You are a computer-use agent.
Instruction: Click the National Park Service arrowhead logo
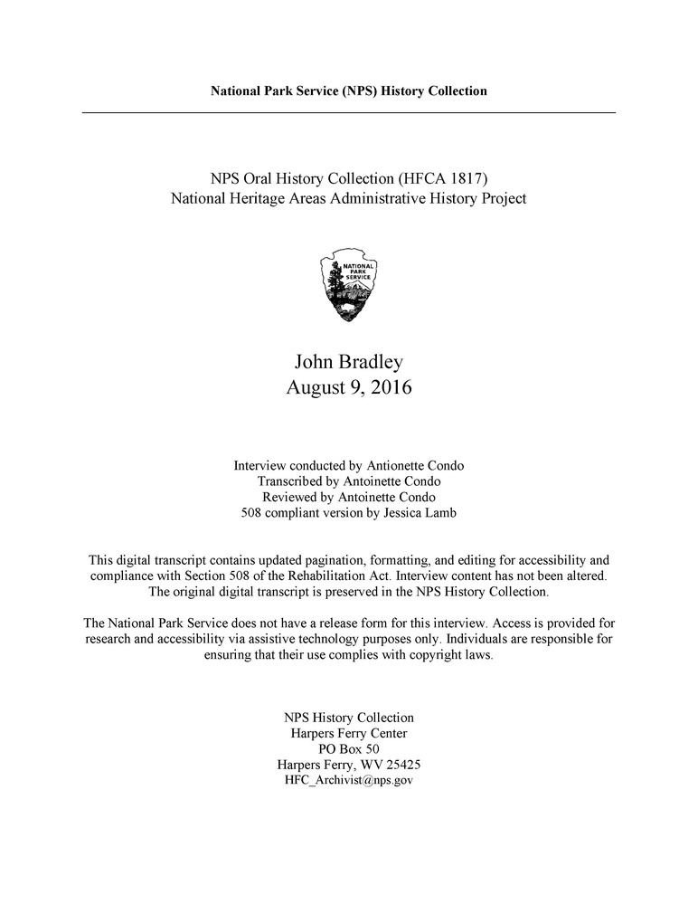point(349,287)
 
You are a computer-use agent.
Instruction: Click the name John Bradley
point(349,362)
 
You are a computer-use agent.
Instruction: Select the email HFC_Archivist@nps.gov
point(349,780)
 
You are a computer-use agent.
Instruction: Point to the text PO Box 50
point(349,748)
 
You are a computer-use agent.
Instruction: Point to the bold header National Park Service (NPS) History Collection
point(349,90)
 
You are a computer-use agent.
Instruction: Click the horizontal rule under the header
point(349,112)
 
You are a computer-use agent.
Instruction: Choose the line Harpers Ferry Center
point(349,733)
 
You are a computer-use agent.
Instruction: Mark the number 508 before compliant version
point(252,513)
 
